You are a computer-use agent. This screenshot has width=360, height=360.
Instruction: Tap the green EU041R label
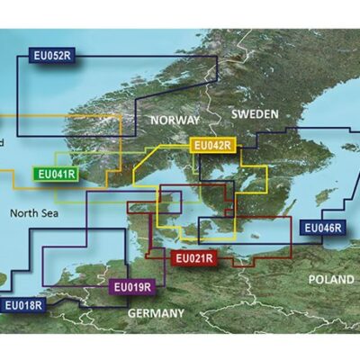(x=54, y=175)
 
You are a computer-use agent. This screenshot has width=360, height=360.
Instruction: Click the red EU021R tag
(x=193, y=259)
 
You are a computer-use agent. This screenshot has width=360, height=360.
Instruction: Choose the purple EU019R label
(x=132, y=288)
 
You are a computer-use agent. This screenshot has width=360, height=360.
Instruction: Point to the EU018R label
(x=22, y=306)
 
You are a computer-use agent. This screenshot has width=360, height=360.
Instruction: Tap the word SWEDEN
(x=256, y=114)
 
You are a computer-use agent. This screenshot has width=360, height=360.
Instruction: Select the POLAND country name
(x=331, y=280)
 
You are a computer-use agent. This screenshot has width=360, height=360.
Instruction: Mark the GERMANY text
(x=159, y=312)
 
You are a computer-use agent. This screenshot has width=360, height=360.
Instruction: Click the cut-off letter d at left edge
(x=3, y=143)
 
